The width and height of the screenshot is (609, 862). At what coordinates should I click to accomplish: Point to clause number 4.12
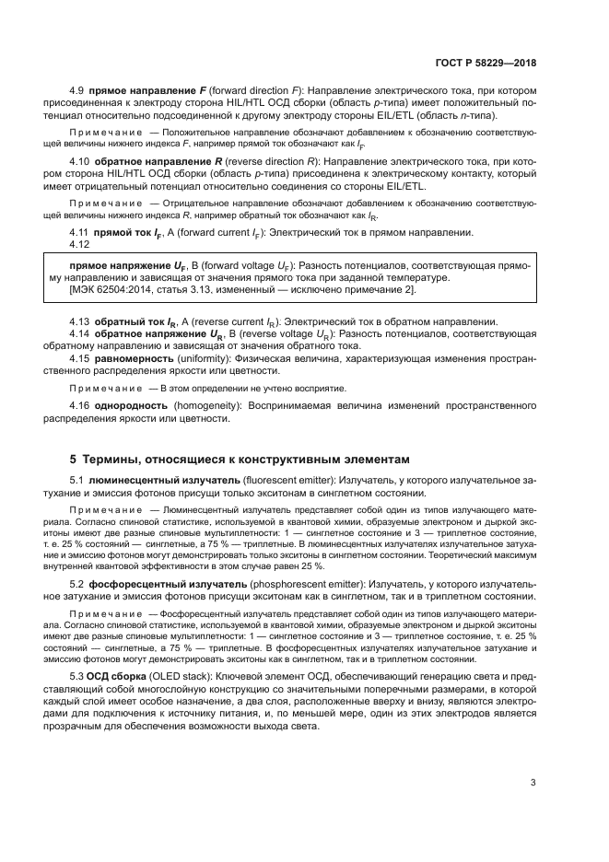pyautogui.click(x=80, y=245)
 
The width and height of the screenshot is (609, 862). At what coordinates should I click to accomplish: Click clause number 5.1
pyautogui.click(x=77, y=481)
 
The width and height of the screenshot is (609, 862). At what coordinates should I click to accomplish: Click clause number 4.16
pyautogui.click(x=80, y=405)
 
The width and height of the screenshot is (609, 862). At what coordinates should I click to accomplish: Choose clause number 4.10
pyautogui.click(x=80, y=161)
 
